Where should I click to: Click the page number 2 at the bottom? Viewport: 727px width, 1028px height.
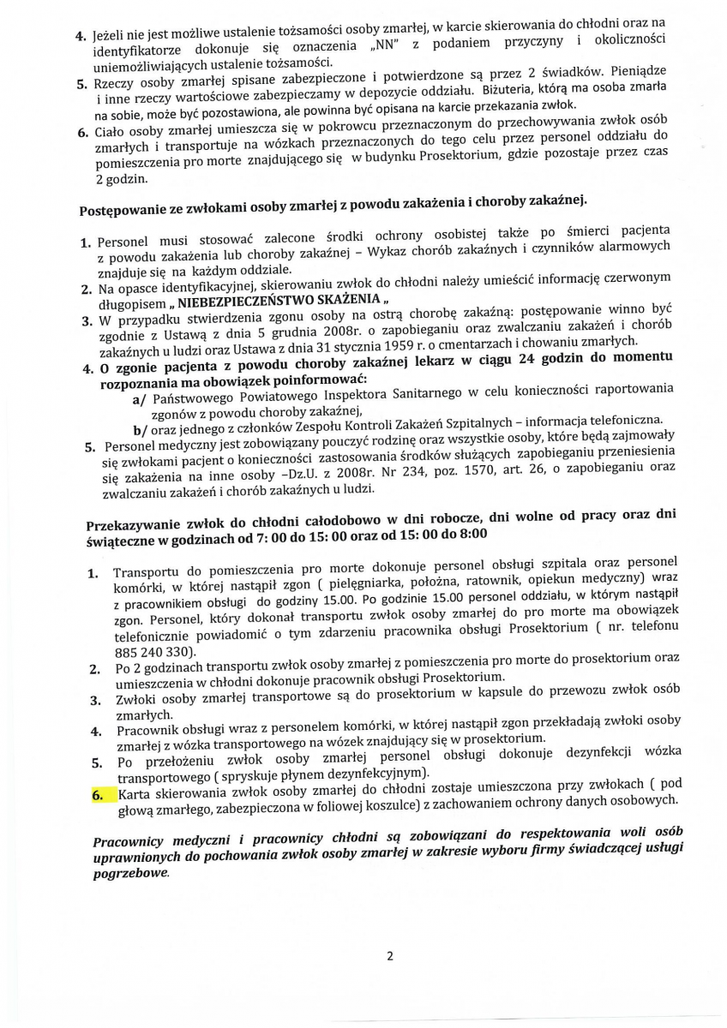pyautogui.click(x=389, y=956)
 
